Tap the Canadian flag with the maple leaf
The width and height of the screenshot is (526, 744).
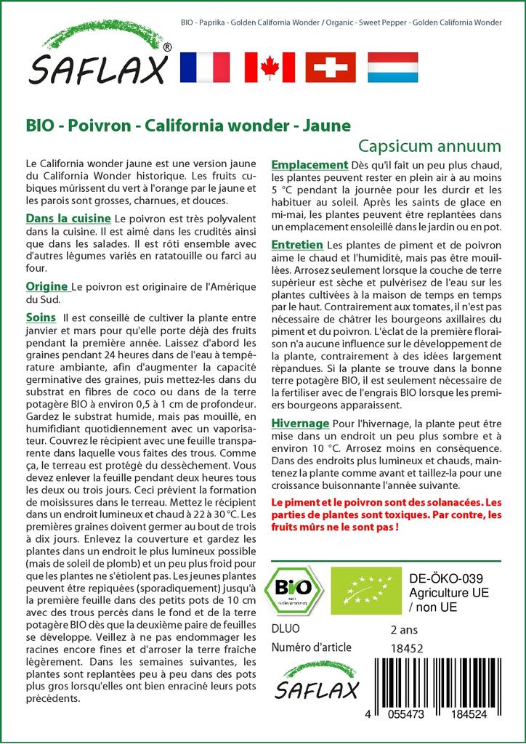(269, 67)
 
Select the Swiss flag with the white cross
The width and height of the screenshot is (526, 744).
(331, 67)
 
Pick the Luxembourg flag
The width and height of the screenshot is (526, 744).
(392, 67)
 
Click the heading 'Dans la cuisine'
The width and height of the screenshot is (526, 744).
(68, 218)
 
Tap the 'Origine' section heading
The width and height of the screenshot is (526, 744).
(46, 286)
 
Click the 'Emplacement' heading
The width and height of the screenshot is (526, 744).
(309, 164)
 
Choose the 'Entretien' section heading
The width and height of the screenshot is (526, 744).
(297, 245)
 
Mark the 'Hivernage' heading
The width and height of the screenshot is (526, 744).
(300, 423)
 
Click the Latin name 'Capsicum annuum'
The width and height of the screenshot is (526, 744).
(429, 145)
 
